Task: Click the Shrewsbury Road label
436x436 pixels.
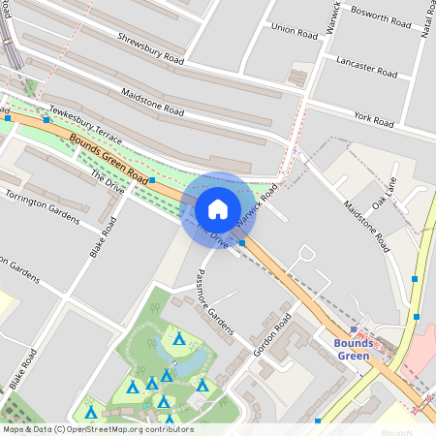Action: point(150,47)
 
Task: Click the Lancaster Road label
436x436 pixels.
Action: point(366,66)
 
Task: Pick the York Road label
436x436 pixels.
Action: point(374,120)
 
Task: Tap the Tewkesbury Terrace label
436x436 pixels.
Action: point(86,123)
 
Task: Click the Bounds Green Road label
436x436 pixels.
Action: point(109,160)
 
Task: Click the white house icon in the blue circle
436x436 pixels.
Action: point(217,208)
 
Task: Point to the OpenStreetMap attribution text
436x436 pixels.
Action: point(98,428)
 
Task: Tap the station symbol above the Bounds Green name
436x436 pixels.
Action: point(354,330)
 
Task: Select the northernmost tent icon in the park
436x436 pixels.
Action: point(179,339)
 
